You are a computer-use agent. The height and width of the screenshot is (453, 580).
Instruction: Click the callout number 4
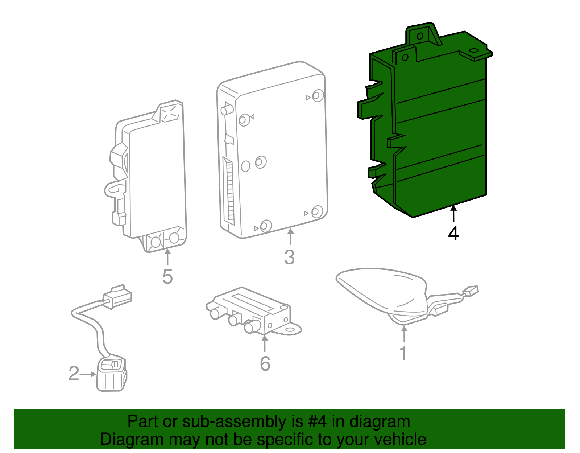click(453, 234)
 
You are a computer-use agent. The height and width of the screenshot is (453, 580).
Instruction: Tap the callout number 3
click(289, 257)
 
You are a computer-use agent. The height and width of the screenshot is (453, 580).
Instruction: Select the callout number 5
click(167, 277)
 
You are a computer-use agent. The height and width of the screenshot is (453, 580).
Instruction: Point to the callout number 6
click(265, 364)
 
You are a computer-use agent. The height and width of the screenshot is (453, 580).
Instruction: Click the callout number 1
click(403, 353)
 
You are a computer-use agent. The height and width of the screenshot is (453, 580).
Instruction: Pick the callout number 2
click(74, 374)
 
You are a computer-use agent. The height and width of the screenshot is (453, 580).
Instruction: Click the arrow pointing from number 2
click(88, 374)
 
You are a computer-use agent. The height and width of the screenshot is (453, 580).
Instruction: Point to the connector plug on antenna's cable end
click(471, 291)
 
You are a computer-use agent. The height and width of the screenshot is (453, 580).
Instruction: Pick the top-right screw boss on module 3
click(318, 96)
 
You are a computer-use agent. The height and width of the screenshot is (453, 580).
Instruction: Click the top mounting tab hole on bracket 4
click(420, 36)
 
